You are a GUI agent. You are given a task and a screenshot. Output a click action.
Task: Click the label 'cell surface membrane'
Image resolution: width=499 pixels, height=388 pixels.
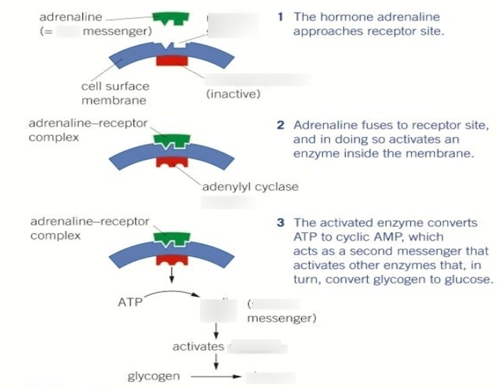[x=115, y=93]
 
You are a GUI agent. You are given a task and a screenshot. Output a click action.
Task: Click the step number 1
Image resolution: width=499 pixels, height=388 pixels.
[x=280, y=17]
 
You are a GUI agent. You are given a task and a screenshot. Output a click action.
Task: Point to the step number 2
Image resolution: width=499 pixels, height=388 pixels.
[x=280, y=125]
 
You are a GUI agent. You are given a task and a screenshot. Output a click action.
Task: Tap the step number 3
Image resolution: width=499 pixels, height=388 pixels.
[x=280, y=222]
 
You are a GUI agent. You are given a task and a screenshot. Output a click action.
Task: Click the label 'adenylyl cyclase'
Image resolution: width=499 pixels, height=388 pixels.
[x=250, y=187]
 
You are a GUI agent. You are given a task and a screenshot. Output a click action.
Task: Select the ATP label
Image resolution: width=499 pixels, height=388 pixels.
[x=128, y=302]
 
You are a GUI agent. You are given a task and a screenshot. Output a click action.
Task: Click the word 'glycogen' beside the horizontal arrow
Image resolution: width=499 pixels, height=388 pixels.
[x=153, y=376]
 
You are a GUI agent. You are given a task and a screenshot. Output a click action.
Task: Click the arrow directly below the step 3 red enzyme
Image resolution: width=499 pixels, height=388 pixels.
[x=172, y=274]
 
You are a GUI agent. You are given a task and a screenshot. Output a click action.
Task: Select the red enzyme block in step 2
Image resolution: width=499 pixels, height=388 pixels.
[x=172, y=162]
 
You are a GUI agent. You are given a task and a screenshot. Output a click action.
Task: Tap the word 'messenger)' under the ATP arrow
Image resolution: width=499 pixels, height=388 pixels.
[x=281, y=319]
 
